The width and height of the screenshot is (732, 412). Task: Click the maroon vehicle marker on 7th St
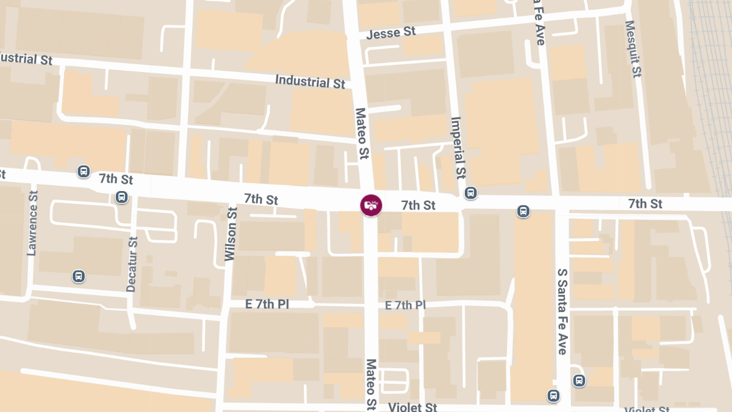[370, 204]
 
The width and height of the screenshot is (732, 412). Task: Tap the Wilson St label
[231, 234]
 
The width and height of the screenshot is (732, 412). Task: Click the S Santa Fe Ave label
[562, 311]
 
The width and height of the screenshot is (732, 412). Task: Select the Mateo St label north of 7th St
[362, 134]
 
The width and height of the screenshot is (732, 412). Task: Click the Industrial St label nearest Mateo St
[310, 81]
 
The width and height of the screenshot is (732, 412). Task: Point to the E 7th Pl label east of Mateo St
[405, 305]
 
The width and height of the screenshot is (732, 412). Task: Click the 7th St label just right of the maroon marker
[418, 206]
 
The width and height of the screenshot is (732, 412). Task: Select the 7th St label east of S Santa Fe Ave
[645, 203]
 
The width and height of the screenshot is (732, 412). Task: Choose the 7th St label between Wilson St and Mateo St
[261, 199]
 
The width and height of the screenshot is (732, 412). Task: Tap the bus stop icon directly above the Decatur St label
[122, 197]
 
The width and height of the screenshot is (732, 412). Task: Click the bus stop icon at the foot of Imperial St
[470, 193]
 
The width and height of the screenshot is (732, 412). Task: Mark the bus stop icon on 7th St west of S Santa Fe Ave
[523, 211]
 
